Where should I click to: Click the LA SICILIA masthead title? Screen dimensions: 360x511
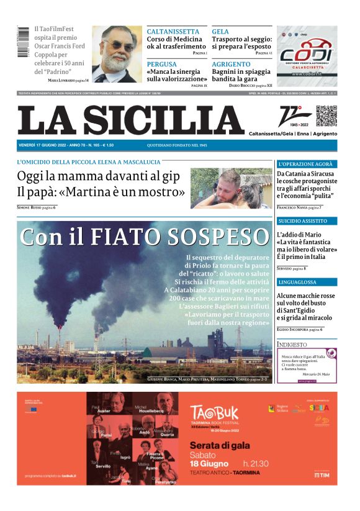click(131, 120)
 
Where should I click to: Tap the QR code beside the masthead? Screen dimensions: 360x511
click(326, 116)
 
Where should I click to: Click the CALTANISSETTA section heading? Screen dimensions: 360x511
click(173, 32)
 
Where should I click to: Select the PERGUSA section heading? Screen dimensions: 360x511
click(161, 64)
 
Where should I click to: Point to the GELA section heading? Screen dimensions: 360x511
click(220, 32)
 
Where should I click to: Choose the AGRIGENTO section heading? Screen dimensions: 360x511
click(231, 64)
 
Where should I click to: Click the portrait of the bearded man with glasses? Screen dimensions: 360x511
click(117, 54)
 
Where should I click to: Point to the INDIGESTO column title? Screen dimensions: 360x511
click(292, 343)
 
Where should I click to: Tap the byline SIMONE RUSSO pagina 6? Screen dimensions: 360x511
click(36, 207)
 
